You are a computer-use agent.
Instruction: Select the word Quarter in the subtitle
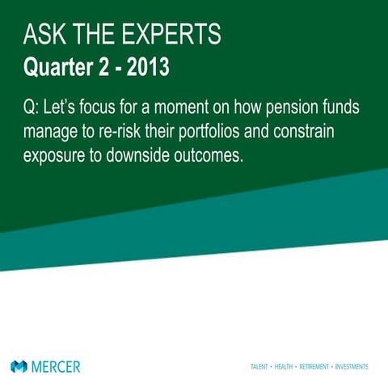58,67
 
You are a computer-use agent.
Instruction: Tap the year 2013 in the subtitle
147,67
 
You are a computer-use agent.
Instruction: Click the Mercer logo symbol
19,366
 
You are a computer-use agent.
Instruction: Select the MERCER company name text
56,366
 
